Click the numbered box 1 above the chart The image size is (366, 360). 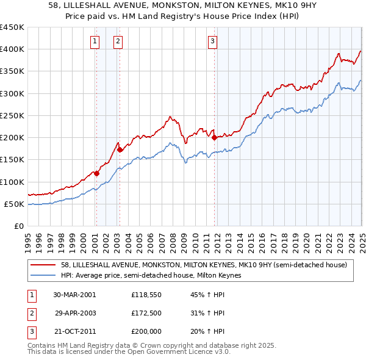[x=96, y=41]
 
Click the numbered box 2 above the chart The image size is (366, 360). [x=117, y=41]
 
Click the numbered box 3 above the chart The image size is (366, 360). [x=212, y=41]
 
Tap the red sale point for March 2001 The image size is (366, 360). [x=97, y=173]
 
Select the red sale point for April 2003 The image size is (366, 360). [x=120, y=149]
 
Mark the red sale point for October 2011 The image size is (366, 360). [x=214, y=137]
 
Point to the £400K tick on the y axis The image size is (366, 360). [x=12, y=49]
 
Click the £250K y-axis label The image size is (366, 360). [x=12, y=115]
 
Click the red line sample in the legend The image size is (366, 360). [x=43, y=265]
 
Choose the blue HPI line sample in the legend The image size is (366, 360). [x=43, y=275]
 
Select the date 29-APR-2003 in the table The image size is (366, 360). [x=75, y=313]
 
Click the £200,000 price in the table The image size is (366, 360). [x=147, y=331]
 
